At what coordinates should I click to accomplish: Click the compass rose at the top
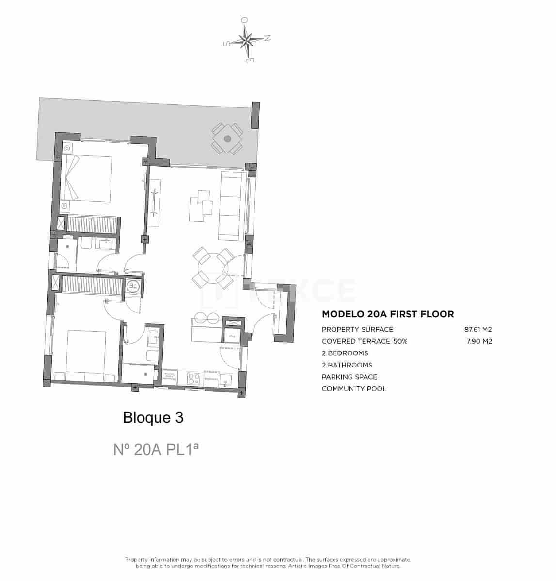247,40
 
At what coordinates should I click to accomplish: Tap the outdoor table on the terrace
227,138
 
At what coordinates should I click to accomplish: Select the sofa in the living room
231,205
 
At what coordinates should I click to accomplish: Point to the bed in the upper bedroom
87,178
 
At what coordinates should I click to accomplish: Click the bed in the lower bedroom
85,353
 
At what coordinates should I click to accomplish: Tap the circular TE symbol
133,286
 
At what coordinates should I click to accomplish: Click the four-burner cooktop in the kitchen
194,378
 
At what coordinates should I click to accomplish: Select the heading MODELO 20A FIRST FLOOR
388,314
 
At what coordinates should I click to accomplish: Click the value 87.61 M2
478,329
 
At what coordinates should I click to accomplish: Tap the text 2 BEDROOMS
345,353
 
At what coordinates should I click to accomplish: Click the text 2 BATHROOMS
347,365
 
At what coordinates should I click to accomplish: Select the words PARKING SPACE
349,377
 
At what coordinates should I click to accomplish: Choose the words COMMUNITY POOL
354,389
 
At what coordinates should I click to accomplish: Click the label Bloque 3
153,417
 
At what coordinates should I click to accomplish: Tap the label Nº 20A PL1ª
156,449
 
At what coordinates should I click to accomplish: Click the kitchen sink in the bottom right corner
225,381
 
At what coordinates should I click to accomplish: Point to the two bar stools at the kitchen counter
206,318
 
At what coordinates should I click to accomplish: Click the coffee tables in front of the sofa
201,206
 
